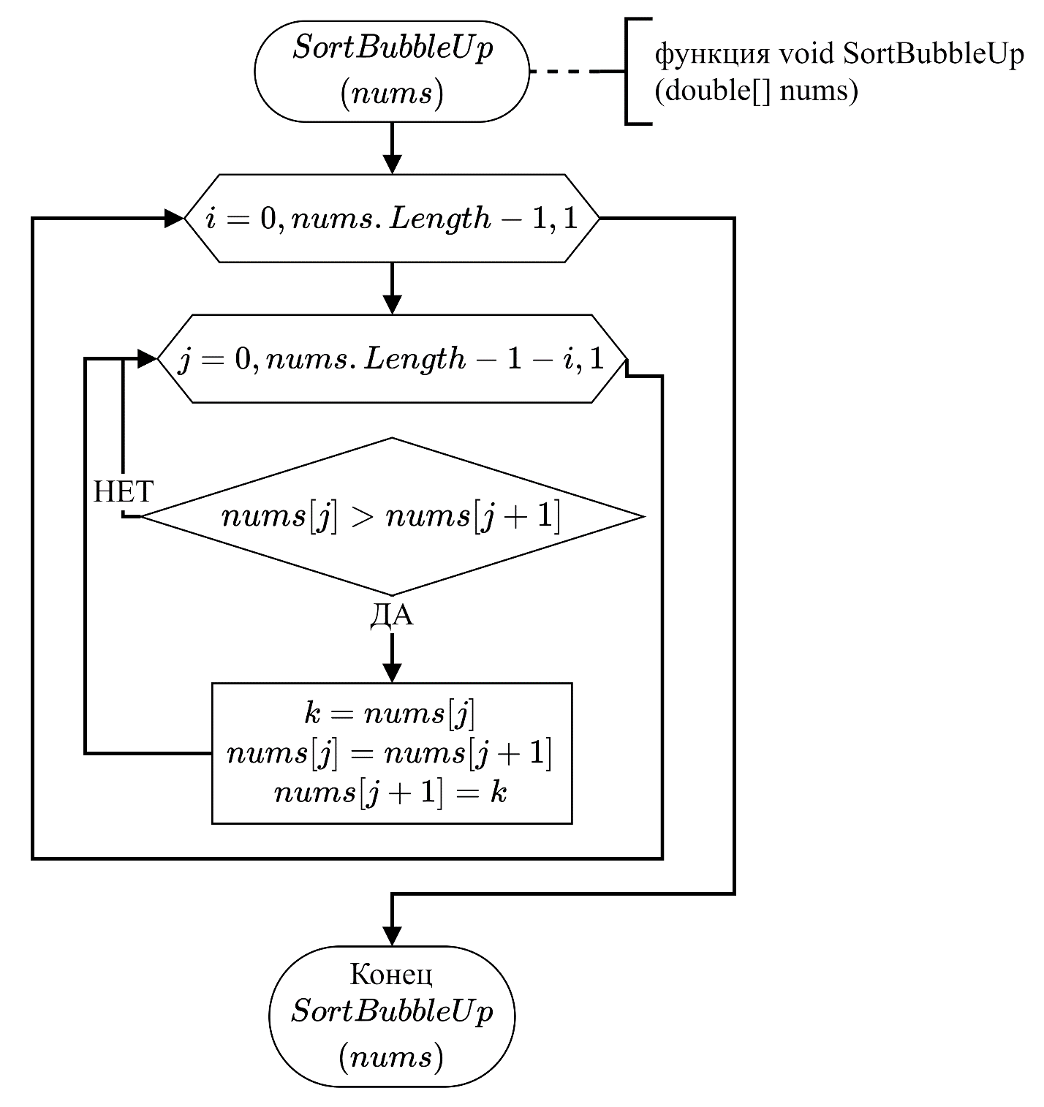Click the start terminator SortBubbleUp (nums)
391,72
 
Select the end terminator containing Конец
392,1016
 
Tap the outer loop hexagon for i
392,219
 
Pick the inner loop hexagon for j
392,358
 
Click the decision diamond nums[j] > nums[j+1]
392,517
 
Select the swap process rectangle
392,753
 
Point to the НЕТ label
123,491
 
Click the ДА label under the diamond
392,616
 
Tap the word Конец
391,975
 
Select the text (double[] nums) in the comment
757,90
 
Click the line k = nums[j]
390,713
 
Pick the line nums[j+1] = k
390,792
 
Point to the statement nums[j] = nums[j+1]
390,753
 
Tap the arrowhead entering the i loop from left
175,219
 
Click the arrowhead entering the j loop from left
148,358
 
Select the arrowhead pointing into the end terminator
392,937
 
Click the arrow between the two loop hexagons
392,289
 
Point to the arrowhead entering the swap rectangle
392,673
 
